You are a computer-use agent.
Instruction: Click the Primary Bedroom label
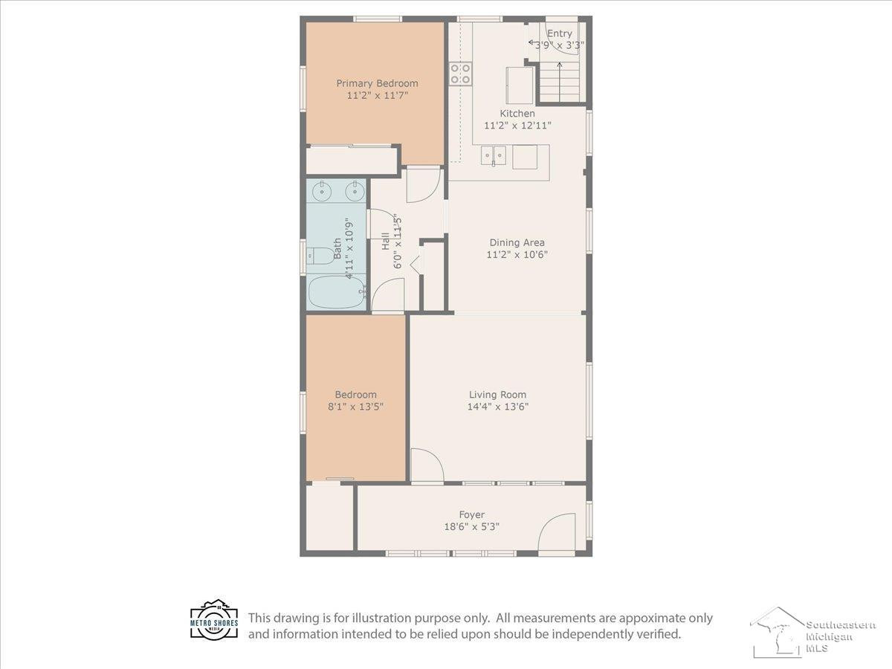[x=377, y=83]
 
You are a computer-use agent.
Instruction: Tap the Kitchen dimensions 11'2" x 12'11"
[x=517, y=126]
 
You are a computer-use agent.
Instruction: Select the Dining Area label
[x=517, y=242]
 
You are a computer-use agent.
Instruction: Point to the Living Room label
[x=497, y=395]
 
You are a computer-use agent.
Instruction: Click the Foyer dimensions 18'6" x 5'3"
[x=471, y=527]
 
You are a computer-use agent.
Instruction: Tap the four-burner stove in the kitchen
[x=460, y=74]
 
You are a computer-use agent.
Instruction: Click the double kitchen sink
[x=494, y=155]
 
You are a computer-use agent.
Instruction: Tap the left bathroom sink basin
[x=321, y=190]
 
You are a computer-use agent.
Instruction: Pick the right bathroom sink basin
[x=355, y=190]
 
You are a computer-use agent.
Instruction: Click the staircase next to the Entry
[x=560, y=83]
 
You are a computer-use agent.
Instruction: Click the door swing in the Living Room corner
[x=427, y=465]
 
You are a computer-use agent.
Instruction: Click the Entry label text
[x=560, y=33]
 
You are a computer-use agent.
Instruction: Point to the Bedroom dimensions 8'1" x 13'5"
[x=355, y=407]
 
